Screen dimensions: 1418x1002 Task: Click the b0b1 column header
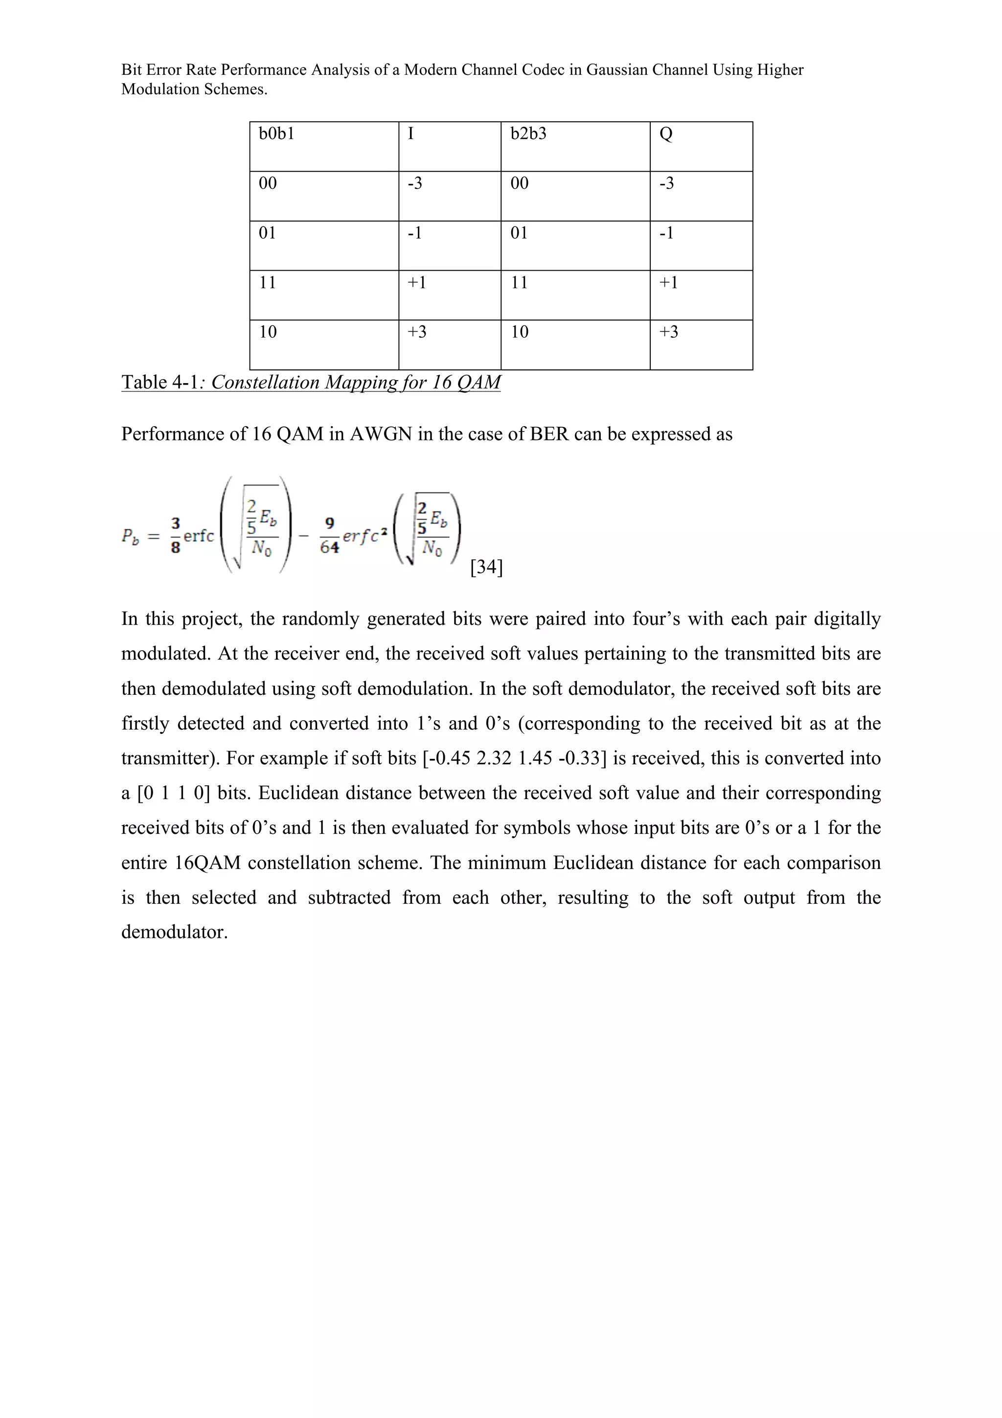coord(276,134)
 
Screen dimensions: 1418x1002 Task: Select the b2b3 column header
coord(528,134)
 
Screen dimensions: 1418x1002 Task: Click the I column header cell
coord(410,134)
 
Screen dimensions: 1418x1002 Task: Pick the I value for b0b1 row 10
coord(417,332)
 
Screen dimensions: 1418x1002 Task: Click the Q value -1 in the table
coord(666,233)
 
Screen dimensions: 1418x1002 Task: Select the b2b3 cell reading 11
coord(519,283)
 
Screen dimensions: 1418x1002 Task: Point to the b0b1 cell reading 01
coord(267,233)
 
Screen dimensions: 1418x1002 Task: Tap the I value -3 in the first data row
coord(414,183)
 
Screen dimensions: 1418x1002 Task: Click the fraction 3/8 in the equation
coord(175,535)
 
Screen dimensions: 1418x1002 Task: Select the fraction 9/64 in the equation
coord(330,535)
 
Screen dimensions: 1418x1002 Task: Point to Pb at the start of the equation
coord(130,536)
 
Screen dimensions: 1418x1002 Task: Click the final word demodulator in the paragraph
coord(174,932)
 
